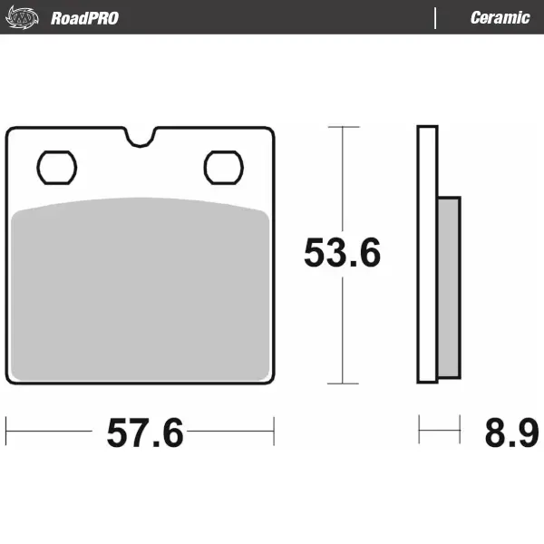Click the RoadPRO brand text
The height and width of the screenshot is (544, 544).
tap(84, 17)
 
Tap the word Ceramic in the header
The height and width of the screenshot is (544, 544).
tap(500, 17)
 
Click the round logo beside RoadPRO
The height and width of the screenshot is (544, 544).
tap(24, 17)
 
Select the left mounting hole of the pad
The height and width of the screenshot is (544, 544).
tap(57, 167)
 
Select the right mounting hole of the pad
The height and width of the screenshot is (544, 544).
tap(224, 167)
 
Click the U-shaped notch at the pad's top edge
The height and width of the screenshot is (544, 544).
tap(141, 137)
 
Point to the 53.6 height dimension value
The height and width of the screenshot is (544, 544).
tap(342, 254)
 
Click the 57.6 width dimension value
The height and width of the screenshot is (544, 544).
tap(145, 434)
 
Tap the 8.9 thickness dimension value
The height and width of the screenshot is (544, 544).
tap(504, 434)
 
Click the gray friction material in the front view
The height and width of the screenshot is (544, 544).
tap(141, 290)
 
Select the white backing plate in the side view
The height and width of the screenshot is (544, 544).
tap(428, 254)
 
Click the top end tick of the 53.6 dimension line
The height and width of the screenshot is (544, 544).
tap(342, 127)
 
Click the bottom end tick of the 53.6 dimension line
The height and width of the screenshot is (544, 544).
tap(342, 383)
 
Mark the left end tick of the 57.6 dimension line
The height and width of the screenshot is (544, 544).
tap(7, 432)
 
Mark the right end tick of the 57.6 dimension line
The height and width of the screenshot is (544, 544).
tap(273, 432)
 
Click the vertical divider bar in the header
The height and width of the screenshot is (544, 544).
tap(436, 17)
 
